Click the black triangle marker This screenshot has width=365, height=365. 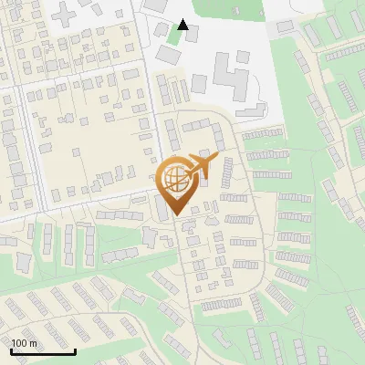click(x=183, y=25)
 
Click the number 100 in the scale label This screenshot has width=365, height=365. click(x=21, y=343)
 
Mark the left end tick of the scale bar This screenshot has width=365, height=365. click(x=11, y=351)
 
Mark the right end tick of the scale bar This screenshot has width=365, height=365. click(x=76, y=351)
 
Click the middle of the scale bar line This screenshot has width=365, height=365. click(x=43, y=352)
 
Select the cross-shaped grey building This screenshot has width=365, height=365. click(x=67, y=14)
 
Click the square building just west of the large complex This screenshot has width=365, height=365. click(x=199, y=83)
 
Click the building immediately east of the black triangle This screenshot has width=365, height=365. click(x=193, y=34)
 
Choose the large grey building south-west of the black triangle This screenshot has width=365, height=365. click(x=167, y=54)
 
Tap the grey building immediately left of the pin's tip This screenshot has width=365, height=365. click(x=161, y=208)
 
